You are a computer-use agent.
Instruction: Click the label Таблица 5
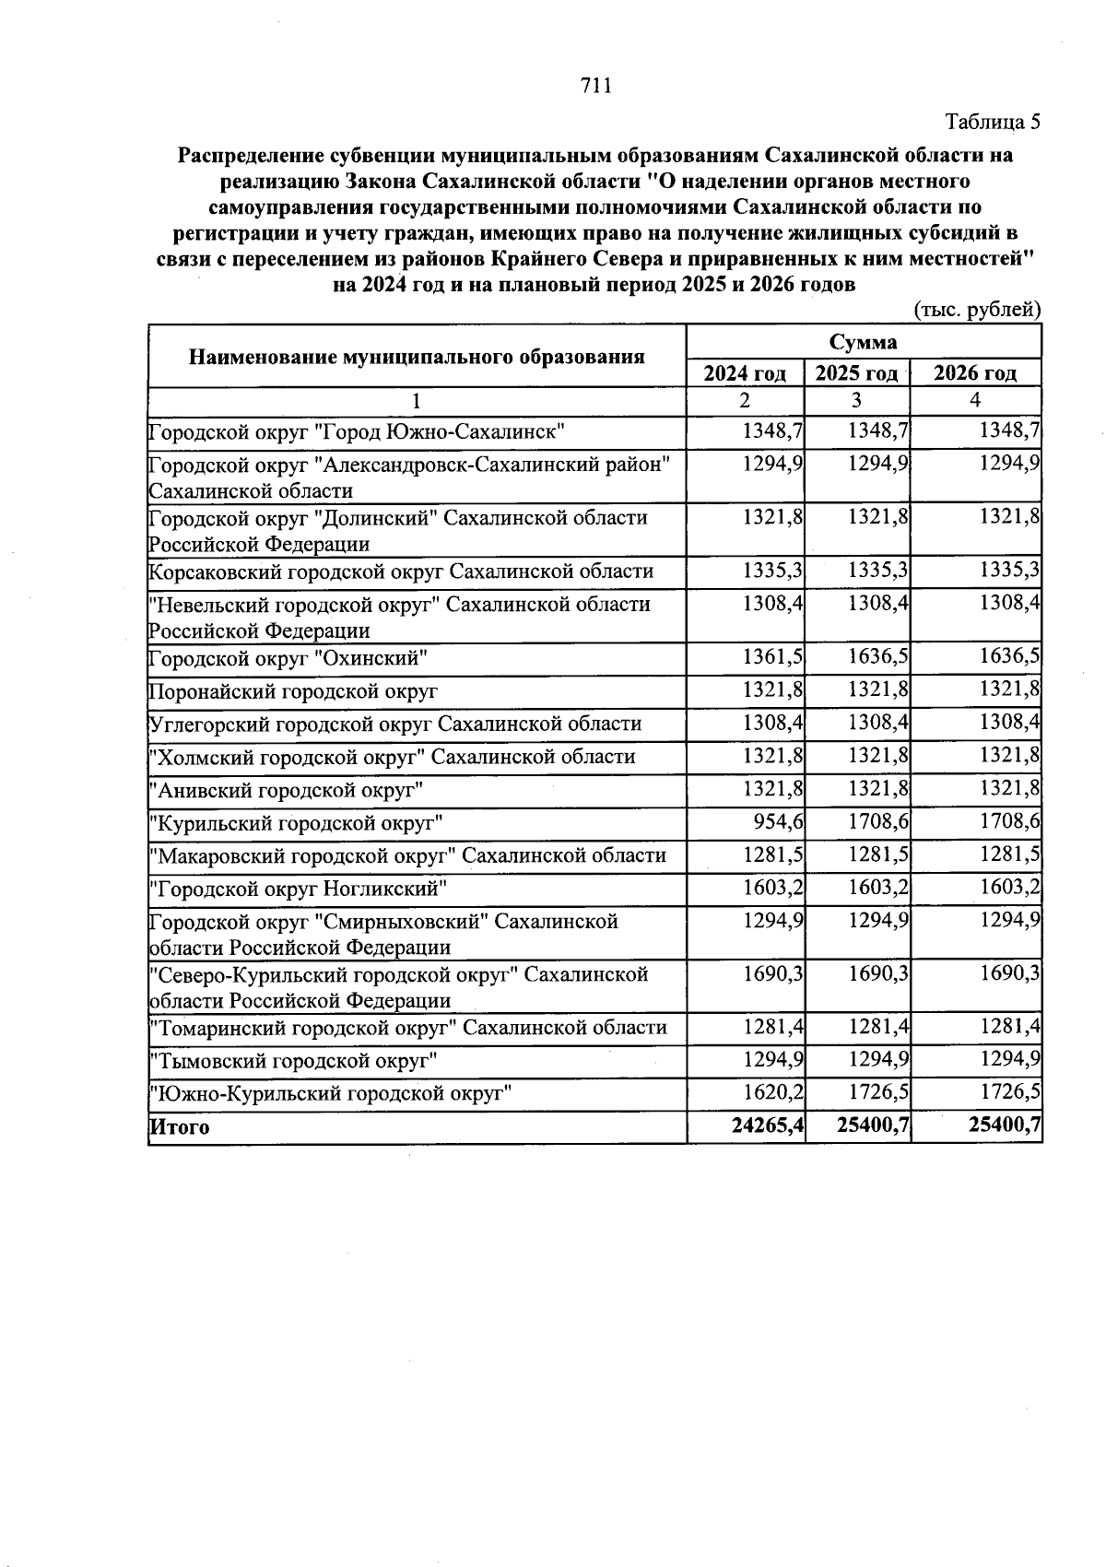click(x=993, y=122)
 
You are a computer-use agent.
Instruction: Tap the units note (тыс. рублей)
click(x=977, y=310)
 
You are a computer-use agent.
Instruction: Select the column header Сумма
click(x=864, y=342)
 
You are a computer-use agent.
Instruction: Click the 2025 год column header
click(x=856, y=373)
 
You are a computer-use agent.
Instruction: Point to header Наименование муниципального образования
click(x=417, y=356)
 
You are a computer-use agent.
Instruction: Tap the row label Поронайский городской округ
click(x=294, y=691)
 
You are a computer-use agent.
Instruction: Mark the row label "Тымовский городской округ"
click(x=293, y=1061)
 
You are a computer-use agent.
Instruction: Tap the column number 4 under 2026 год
click(x=975, y=401)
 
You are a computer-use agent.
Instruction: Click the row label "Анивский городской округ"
click(x=287, y=790)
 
